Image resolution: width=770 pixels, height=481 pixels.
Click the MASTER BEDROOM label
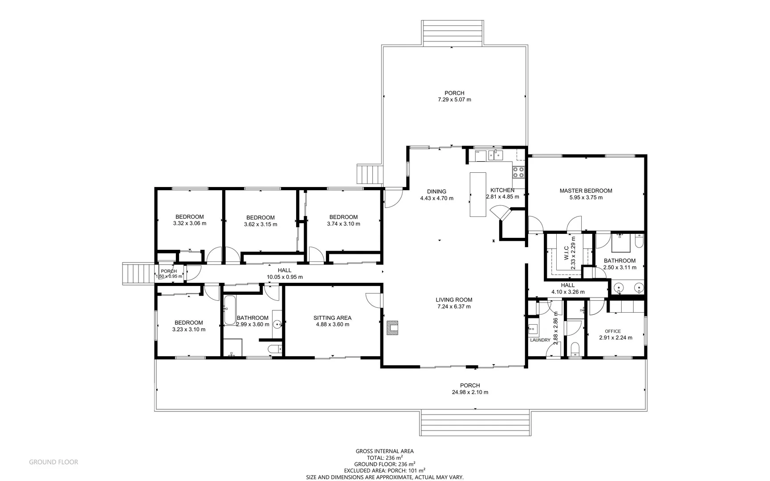point(586,191)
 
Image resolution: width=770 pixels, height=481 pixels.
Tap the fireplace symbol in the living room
point(392,328)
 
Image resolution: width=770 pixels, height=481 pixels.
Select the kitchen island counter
point(478,195)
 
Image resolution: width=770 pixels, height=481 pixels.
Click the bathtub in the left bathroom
point(230,310)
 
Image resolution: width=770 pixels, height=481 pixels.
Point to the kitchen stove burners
point(518,171)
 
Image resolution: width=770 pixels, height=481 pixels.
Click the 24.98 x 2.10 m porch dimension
point(469,392)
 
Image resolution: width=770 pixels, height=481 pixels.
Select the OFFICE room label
point(613,331)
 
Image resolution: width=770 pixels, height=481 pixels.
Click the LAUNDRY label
point(540,340)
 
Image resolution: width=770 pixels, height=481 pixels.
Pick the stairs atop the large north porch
point(452,32)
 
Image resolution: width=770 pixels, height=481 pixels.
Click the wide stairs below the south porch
point(475,424)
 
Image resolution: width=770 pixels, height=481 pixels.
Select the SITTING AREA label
point(332,318)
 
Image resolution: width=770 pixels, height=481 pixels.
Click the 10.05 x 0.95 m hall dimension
point(285,277)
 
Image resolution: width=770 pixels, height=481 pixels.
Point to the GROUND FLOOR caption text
point(53,462)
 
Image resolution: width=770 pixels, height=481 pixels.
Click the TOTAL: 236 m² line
point(385,457)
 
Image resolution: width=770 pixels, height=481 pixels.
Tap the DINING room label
point(436,192)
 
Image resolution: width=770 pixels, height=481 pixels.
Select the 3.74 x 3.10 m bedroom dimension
point(343,224)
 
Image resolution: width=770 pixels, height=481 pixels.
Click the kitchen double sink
point(495,155)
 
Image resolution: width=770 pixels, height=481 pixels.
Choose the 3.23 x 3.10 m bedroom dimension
point(189,330)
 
